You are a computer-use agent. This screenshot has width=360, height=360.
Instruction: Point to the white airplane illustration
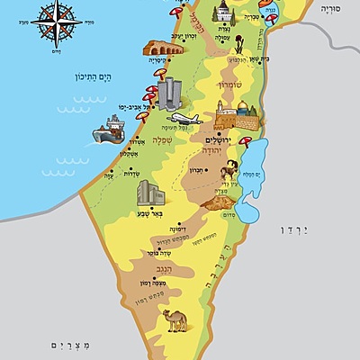[184, 120]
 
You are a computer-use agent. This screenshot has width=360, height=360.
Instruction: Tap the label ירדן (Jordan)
[319, 230]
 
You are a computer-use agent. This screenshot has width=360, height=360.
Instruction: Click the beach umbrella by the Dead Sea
[245, 141]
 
